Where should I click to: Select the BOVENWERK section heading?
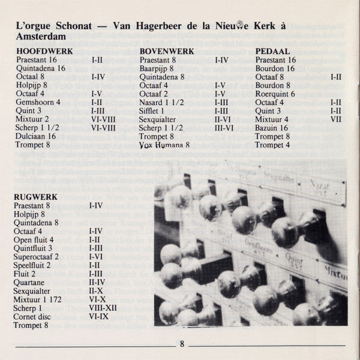click(x=167, y=52)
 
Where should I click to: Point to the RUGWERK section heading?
click(x=35, y=196)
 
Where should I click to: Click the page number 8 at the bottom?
click(x=182, y=344)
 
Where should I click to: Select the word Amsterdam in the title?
click(x=37, y=36)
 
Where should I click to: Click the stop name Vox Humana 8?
click(x=164, y=145)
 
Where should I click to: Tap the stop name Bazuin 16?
click(x=272, y=128)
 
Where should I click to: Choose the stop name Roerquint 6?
click(x=275, y=94)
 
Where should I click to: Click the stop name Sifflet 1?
click(x=152, y=111)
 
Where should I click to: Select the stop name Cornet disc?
click(x=34, y=316)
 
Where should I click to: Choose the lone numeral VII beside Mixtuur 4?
click(x=336, y=119)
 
